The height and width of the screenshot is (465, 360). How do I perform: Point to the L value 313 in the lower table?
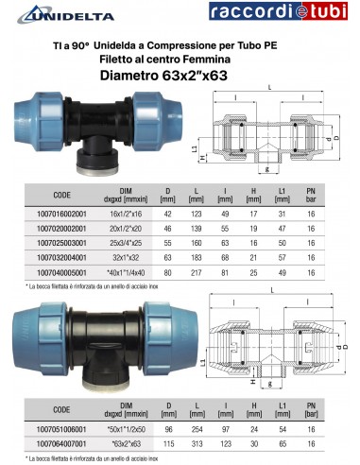(199, 443)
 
